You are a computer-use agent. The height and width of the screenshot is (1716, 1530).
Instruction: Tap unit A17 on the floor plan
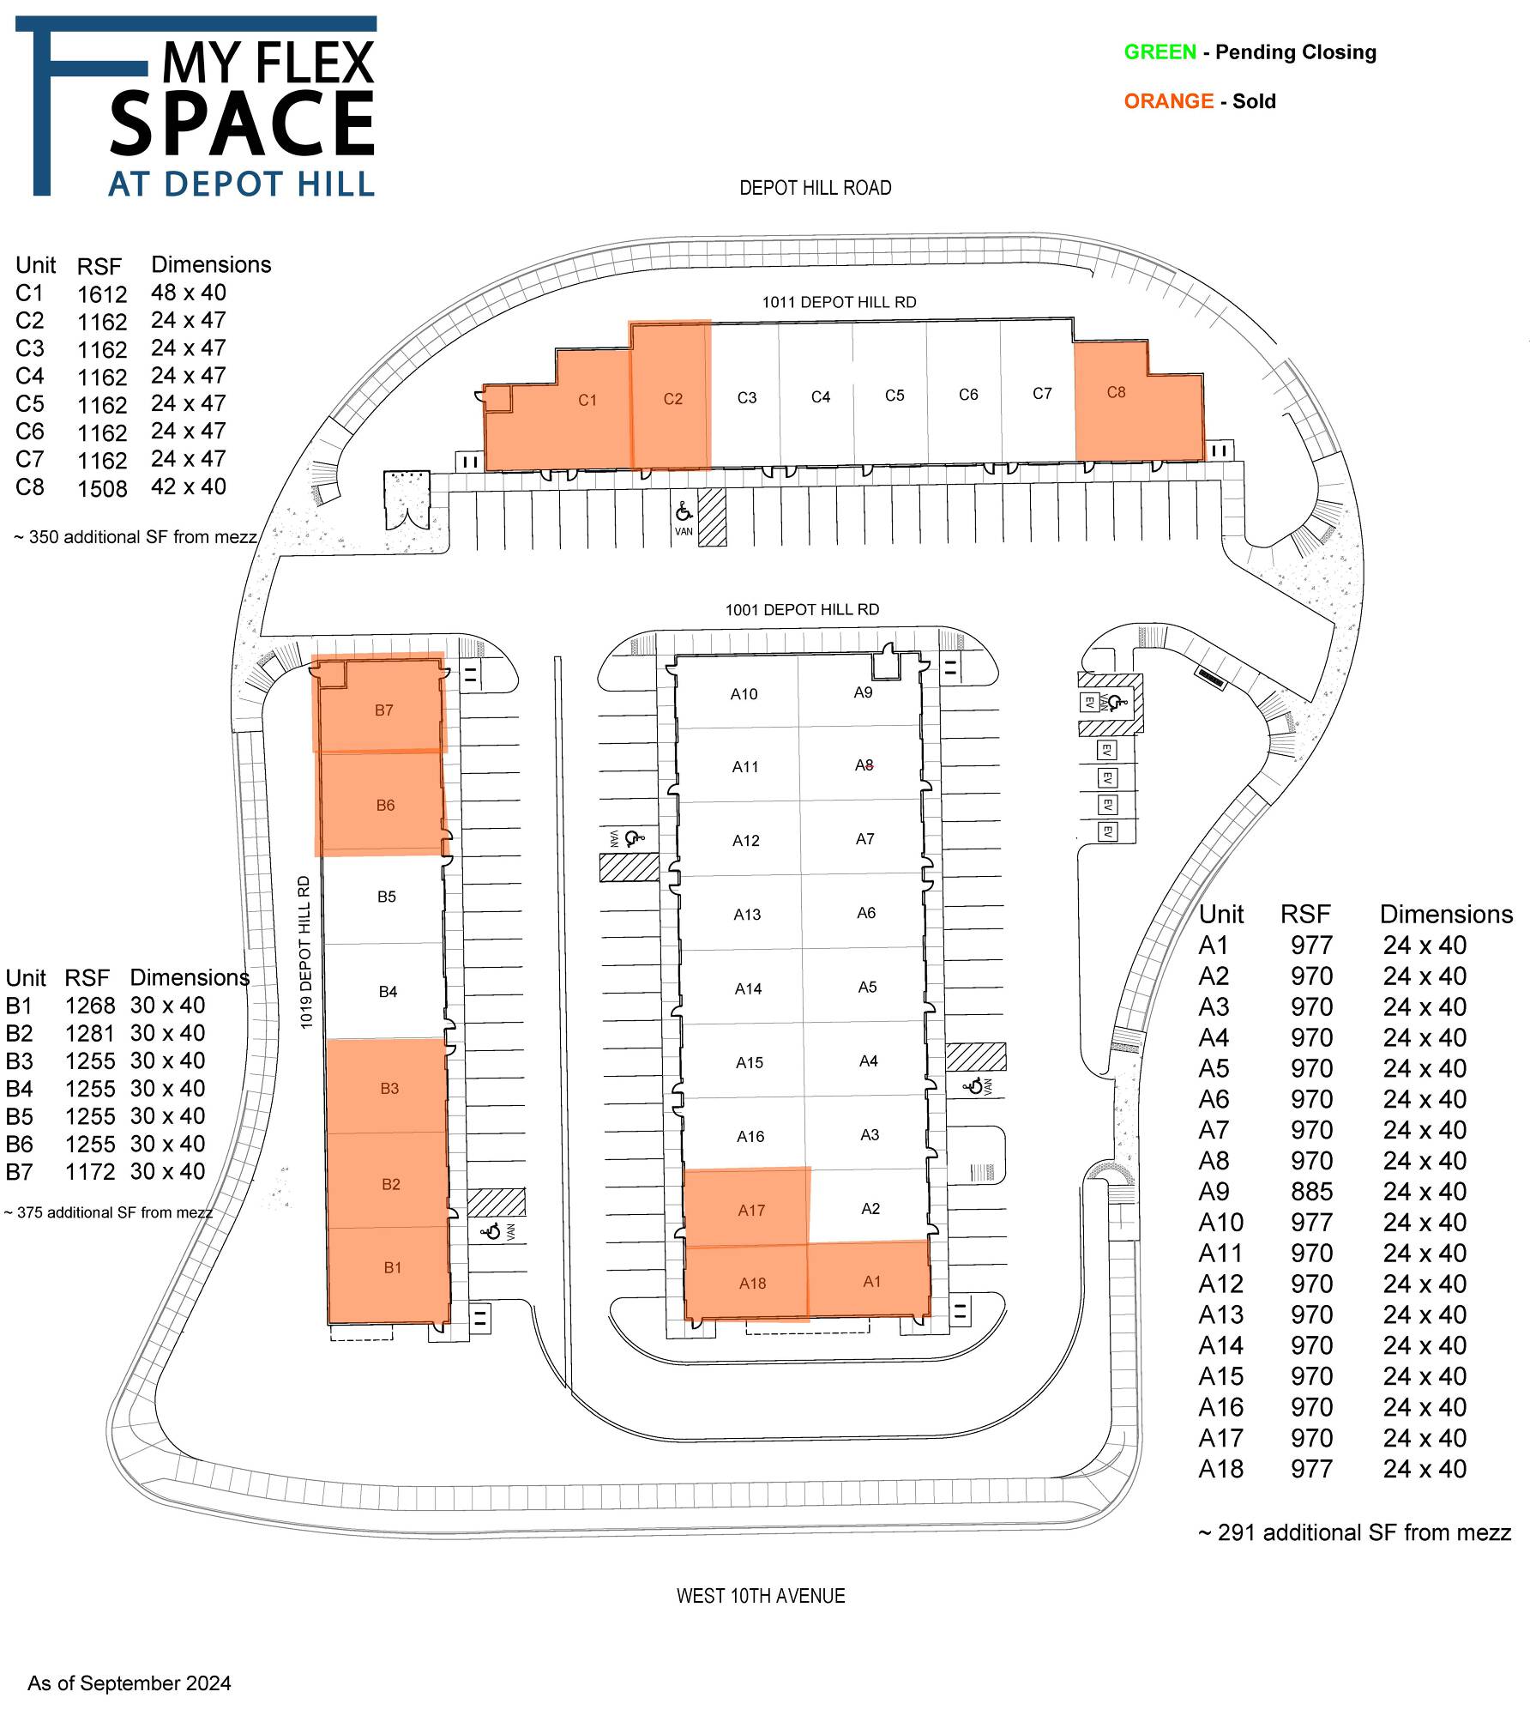748,1206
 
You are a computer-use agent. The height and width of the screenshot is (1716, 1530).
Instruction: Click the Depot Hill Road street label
816,188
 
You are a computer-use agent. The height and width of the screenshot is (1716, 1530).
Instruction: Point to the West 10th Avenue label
761,1596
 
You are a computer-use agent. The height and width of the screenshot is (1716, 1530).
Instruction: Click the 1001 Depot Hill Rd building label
802,609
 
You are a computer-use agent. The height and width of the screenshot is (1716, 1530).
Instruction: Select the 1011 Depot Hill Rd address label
839,302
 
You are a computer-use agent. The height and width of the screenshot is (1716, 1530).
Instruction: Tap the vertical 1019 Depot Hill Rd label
305,952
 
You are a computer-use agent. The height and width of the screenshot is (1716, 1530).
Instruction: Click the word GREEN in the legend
1160,52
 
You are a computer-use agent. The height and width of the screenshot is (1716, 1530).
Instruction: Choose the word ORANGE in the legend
1168,101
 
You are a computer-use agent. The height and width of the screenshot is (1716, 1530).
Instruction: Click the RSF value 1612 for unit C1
102,294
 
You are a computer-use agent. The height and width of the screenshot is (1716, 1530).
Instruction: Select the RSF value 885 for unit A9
1311,1192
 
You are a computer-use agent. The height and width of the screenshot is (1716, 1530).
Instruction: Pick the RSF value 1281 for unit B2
90,1033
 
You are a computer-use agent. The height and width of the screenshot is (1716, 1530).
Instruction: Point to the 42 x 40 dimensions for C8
189,486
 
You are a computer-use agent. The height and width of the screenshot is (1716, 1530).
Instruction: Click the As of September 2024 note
130,1683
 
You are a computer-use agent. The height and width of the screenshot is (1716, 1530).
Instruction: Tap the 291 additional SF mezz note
1354,1532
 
